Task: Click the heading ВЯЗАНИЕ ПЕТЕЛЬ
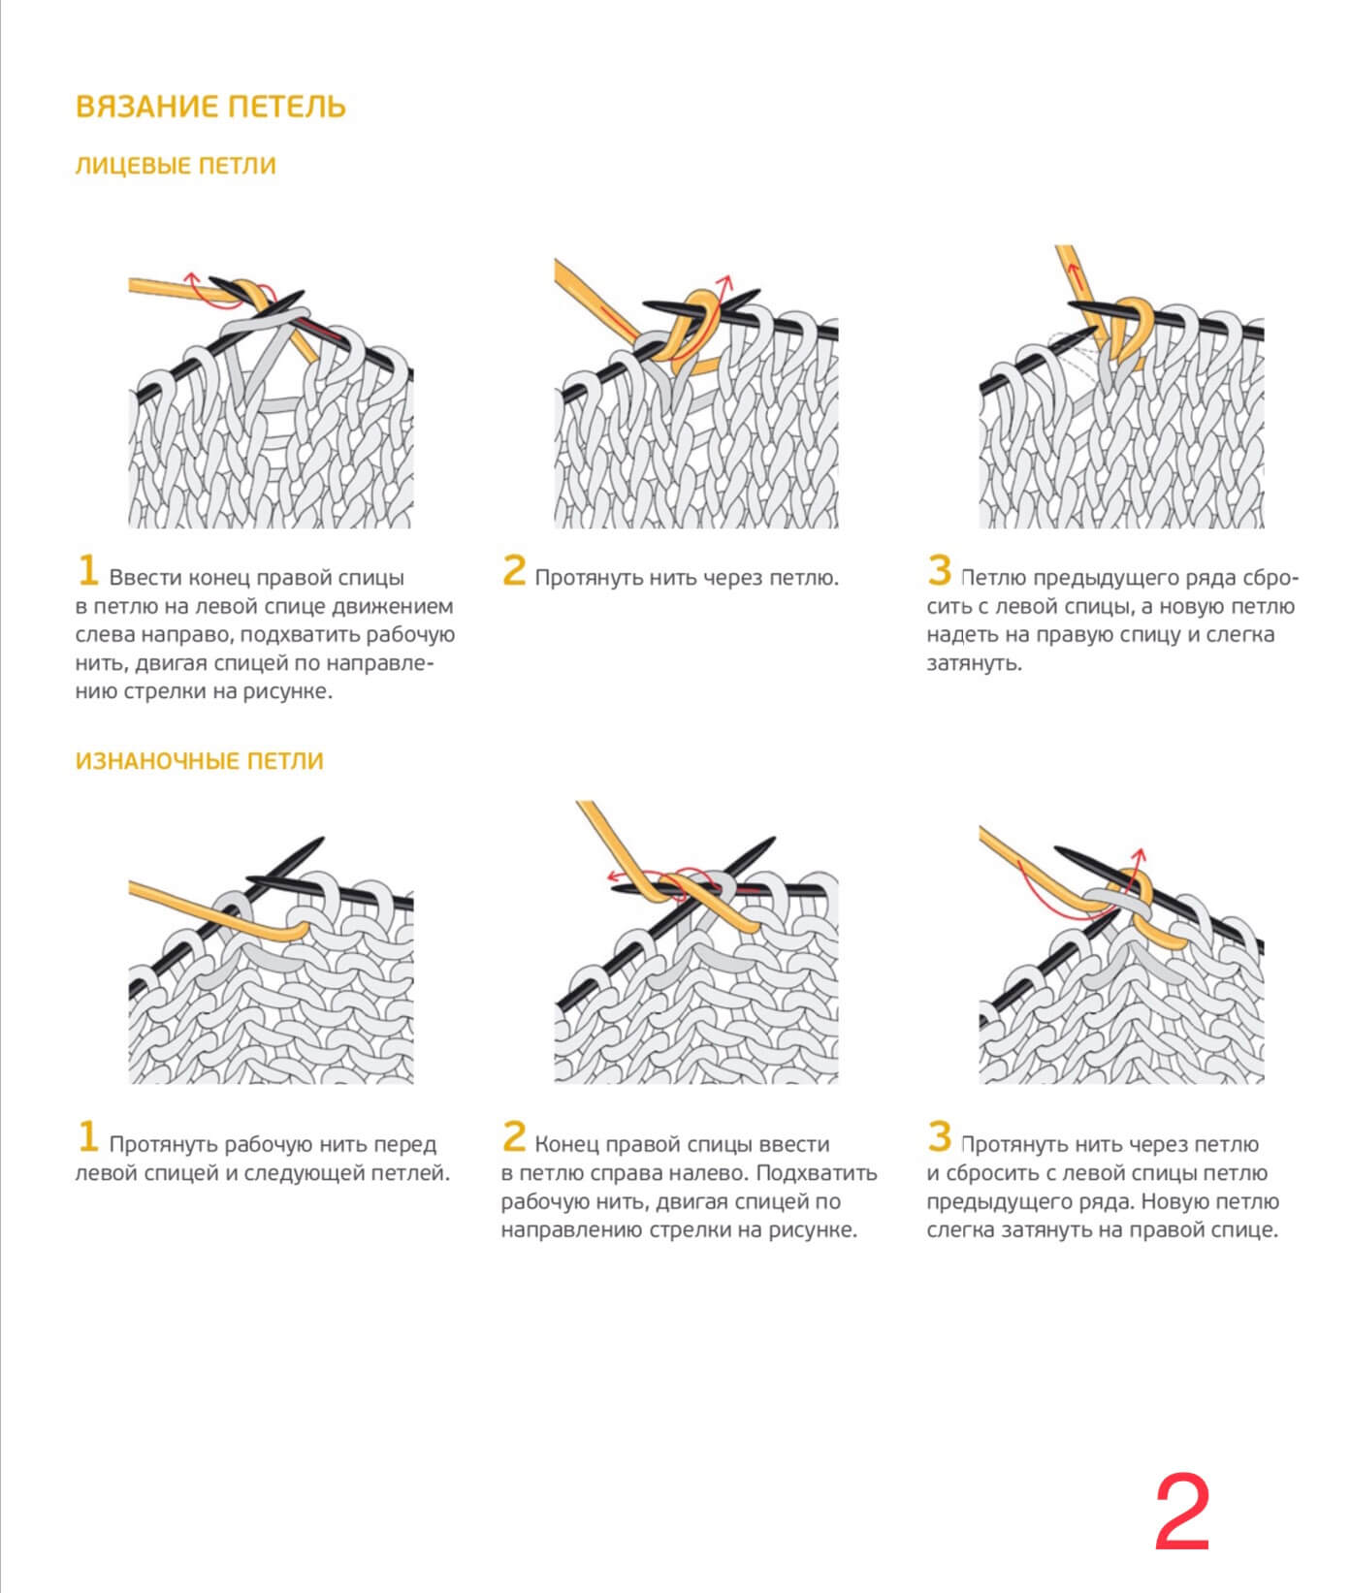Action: pyautogui.click(x=210, y=106)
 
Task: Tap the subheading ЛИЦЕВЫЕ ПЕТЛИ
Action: pyautogui.click(x=176, y=166)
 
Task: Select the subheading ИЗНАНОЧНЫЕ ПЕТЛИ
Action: pyautogui.click(x=199, y=761)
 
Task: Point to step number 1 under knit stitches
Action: pyautogui.click(x=88, y=570)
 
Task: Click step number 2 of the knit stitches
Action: pyautogui.click(x=514, y=570)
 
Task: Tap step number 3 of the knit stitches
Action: pyautogui.click(x=939, y=570)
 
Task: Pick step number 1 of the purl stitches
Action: pyautogui.click(x=88, y=1136)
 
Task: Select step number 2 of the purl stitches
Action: pyautogui.click(x=514, y=1136)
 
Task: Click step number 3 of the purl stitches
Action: pyautogui.click(x=939, y=1136)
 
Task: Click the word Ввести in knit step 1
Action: pyautogui.click(x=145, y=578)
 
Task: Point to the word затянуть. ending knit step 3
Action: pyautogui.click(x=974, y=664)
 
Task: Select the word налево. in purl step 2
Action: pyautogui.click(x=709, y=1173)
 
